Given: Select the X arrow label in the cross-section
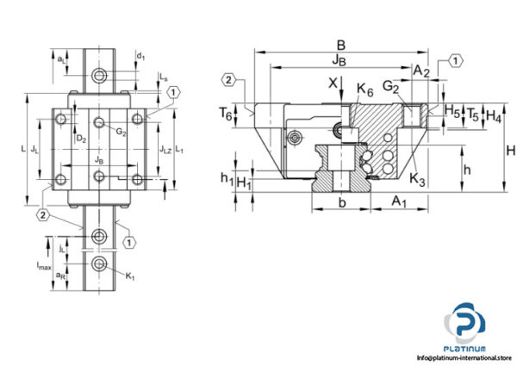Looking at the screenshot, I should [x=332, y=84].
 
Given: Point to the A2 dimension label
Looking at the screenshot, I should [x=420, y=71].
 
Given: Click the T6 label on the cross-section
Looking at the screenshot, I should [x=225, y=113].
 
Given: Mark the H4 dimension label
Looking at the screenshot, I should [x=494, y=114].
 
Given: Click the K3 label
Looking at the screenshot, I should [x=417, y=179].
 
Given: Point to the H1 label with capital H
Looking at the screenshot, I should [x=245, y=182].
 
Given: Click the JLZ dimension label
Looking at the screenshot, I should [x=166, y=149].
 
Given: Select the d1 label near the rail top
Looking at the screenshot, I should [x=140, y=58].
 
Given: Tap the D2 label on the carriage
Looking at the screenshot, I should [x=80, y=138].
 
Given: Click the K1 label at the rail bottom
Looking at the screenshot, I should [x=131, y=277].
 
